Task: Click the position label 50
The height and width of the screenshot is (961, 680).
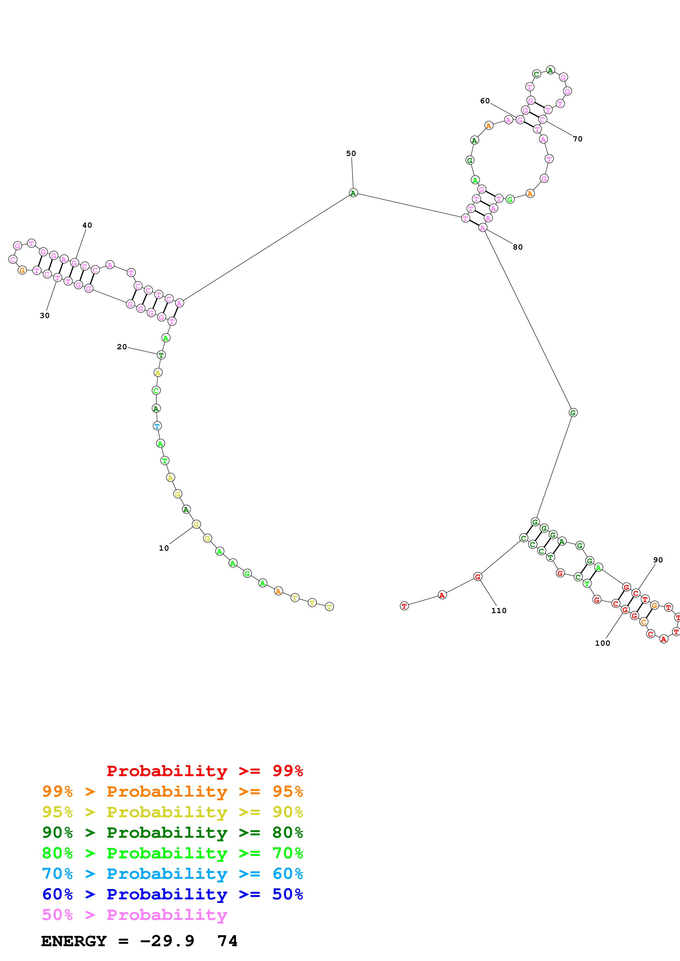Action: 351,154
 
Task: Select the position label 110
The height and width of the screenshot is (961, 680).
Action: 499,611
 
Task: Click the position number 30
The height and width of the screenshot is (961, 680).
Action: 44,316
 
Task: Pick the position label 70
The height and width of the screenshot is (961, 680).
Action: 577,139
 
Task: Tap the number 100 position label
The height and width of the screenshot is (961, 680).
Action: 602,643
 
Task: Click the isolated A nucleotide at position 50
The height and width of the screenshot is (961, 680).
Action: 353,193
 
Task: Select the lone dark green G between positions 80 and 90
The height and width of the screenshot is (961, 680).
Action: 573,413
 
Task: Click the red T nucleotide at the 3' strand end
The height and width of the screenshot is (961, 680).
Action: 404,606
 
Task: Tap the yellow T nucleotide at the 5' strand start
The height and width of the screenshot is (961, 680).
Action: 329,607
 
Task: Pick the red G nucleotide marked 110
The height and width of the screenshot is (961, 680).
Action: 478,577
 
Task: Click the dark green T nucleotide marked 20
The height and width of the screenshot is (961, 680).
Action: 161,355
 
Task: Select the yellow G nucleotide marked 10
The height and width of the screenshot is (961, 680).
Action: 196,524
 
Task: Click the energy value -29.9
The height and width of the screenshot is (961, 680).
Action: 167,941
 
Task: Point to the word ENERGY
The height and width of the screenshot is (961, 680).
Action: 74,941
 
